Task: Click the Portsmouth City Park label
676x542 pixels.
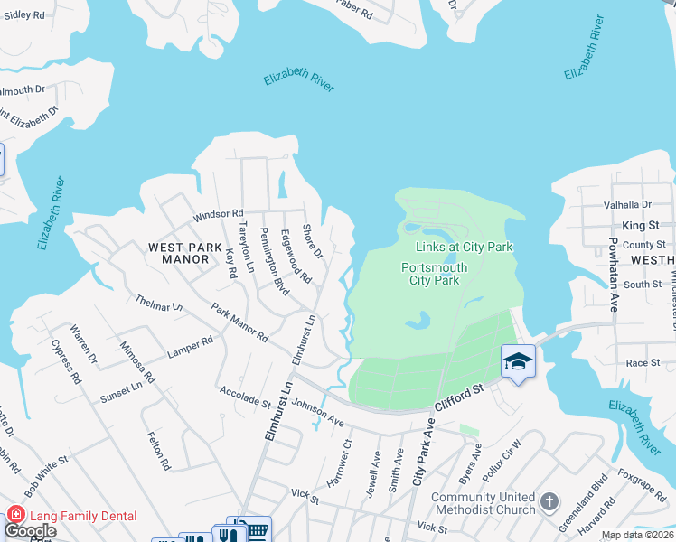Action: (x=444, y=274)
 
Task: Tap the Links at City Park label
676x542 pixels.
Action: (x=464, y=247)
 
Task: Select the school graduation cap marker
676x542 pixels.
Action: (x=518, y=361)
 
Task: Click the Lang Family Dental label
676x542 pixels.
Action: (x=84, y=516)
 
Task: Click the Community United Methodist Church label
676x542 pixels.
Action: (x=484, y=503)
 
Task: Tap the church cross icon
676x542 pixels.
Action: (x=549, y=500)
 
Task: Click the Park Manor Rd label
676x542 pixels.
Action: (x=239, y=322)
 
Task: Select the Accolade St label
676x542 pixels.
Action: (x=245, y=397)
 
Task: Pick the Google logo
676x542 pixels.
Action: (x=30, y=531)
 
